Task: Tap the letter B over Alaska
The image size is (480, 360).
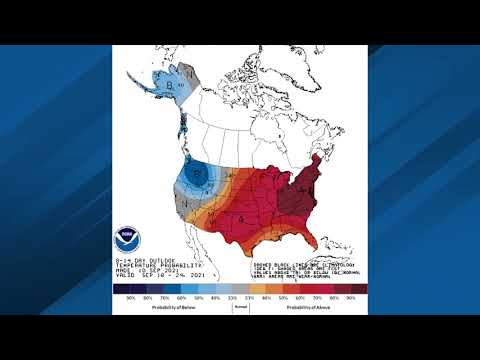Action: (x=171, y=86)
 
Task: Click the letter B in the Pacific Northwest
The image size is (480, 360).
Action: (x=199, y=172)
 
